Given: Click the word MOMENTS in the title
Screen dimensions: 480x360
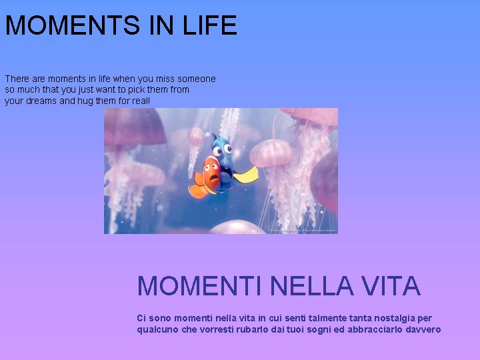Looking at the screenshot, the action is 73,25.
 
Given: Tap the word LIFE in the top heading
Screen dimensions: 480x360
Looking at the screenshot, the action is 210,25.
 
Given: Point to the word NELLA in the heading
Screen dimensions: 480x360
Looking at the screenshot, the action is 312,285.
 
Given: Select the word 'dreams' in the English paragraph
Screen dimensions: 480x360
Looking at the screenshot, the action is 41,101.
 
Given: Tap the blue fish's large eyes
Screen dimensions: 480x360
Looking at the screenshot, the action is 223,149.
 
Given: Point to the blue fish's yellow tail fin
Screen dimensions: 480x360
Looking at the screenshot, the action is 247,175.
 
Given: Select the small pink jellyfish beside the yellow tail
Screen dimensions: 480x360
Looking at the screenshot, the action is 271,153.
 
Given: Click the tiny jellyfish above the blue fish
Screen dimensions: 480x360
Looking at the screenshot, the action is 195,135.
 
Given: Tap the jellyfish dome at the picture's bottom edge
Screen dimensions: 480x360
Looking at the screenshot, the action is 237,227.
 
